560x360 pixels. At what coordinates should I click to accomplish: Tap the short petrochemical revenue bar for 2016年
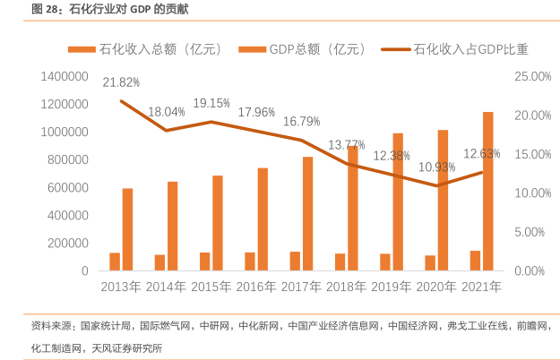[250, 261]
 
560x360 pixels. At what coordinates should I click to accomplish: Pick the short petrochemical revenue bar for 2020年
[430, 262]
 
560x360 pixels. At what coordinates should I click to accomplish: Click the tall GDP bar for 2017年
[307, 213]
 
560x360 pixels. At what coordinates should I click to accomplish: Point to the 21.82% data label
[121, 82]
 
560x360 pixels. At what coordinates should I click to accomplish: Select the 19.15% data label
[211, 103]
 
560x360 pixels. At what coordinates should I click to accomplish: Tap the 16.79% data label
[302, 121]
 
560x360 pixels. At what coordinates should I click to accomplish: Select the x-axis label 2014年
[166, 287]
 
